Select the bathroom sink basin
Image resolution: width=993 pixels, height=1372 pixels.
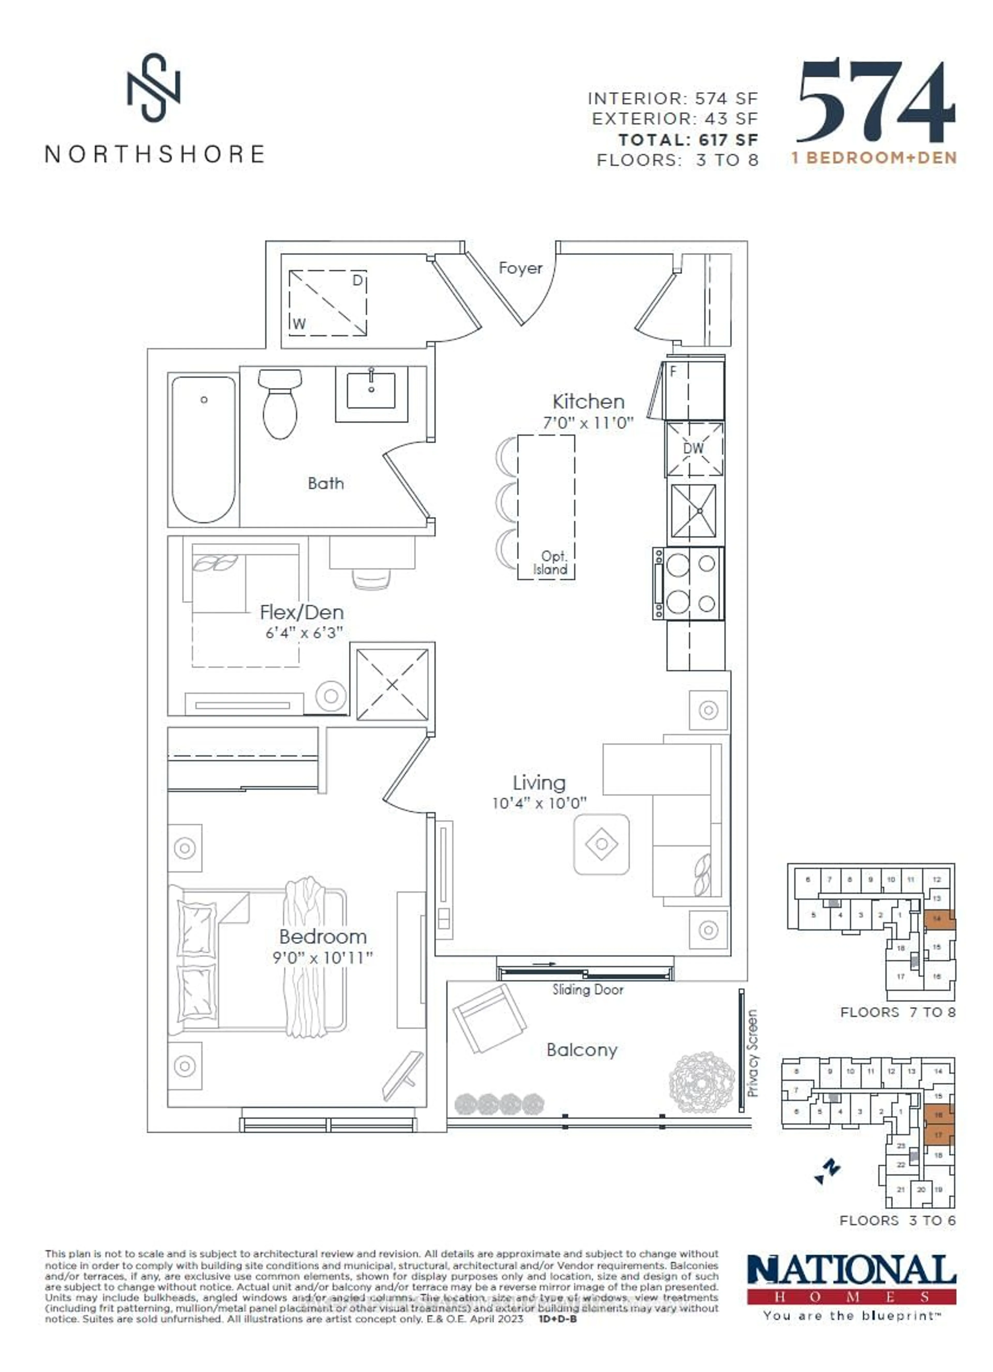pos(371,390)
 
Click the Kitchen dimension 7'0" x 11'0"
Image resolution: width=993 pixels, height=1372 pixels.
pos(588,423)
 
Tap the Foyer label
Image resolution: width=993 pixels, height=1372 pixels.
pos(520,268)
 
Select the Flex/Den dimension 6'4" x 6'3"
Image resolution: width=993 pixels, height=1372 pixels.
pos(304,633)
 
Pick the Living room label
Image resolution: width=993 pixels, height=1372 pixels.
pos(539,783)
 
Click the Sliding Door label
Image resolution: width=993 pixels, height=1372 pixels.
pos(587,990)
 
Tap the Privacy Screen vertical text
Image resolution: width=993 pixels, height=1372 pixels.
pos(752,1053)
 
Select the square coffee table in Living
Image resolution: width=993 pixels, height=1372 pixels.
pos(601,844)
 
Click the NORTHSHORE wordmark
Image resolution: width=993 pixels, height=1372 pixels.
pos(155,154)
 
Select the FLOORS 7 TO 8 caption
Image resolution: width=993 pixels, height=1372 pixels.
pos(897,1012)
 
